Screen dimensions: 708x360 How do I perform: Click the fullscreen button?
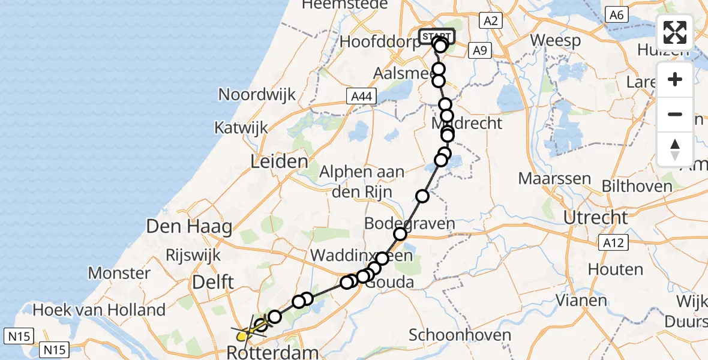click(675, 32)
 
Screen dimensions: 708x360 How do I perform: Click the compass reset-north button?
click(675, 149)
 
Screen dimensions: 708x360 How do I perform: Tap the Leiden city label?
click(280, 161)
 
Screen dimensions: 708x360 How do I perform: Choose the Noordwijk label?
click(257, 94)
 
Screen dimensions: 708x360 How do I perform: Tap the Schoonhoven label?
click(460, 335)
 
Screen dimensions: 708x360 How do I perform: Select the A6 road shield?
click(617, 14)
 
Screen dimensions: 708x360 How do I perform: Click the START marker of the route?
click(436, 37)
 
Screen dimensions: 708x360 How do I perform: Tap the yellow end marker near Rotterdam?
click(242, 337)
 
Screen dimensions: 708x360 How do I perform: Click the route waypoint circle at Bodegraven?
click(400, 234)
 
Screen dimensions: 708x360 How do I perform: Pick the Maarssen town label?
click(554, 179)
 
